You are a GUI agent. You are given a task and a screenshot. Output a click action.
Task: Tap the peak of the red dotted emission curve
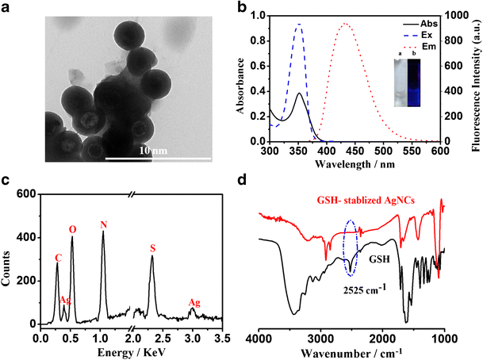coord(345,24)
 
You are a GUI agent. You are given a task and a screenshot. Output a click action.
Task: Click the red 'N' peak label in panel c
coord(103,224)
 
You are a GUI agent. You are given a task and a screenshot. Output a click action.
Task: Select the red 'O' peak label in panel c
coord(72,230)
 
